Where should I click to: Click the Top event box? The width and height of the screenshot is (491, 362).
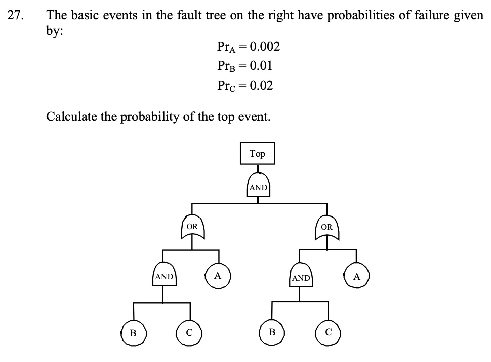[x=257, y=154]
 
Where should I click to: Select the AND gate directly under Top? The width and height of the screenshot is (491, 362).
[x=258, y=187]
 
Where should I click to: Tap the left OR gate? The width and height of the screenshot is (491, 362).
[x=192, y=227]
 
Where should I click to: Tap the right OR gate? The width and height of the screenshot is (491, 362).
[x=327, y=227]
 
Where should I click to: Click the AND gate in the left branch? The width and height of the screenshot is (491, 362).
[x=164, y=277]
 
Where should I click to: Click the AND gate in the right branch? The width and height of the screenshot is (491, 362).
[x=301, y=277]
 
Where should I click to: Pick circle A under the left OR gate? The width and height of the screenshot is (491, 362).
[x=218, y=276]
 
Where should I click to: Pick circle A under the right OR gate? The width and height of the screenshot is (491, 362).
[x=357, y=277]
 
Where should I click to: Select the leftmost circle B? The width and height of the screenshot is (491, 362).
[x=133, y=333]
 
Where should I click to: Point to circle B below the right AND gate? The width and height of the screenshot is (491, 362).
[x=272, y=333]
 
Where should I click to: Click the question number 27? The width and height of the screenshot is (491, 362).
[x=16, y=15]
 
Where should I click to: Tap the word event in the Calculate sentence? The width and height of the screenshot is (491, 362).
[x=255, y=117]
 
